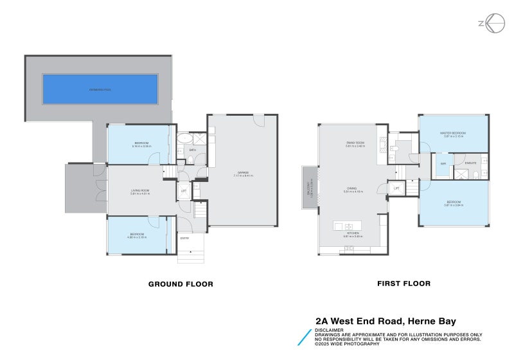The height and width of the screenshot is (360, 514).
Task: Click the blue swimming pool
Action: click(x=100, y=89)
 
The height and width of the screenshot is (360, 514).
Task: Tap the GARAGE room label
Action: click(x=243, y=173)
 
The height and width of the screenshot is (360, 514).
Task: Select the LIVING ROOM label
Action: click(x=139, y=191)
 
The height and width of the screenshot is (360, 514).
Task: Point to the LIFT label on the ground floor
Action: click(x=183, y=191)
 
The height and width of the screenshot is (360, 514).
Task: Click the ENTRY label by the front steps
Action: click(x=184, y=239)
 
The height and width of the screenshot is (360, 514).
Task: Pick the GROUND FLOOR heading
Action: click(x=181, y=283)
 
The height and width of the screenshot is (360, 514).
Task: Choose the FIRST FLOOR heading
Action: click(x=403, y=283)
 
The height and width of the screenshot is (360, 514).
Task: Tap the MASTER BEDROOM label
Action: click(x=452, y=133)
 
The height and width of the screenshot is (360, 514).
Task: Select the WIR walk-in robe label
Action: click(x=443, y=164)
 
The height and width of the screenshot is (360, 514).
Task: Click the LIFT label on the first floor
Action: click(x=396, y=188)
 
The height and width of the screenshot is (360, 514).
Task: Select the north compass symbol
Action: click(x=491, y=23)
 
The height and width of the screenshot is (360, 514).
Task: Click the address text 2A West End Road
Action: click(x=385, y=321)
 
